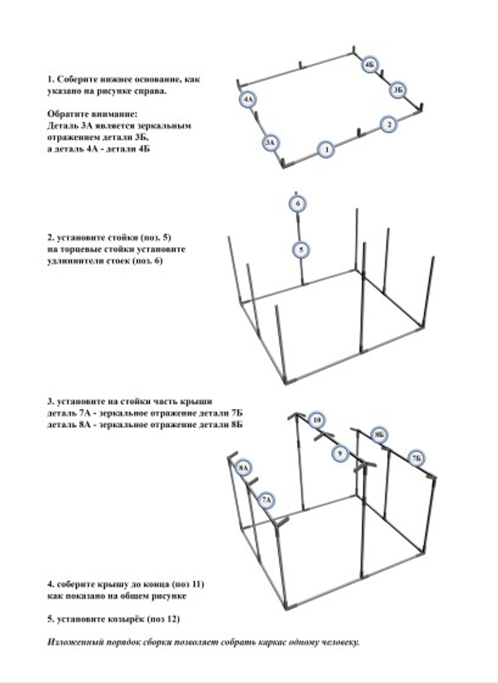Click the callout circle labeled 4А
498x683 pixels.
pos(248,100)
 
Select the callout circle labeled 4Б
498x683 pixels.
pos(370,65)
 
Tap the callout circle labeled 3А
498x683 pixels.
pos(270,143)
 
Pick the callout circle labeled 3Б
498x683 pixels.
pos(397,90)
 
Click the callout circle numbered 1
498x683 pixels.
pos(326,149)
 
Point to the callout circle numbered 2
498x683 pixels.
pos(389,124)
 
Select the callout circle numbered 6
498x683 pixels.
pos(298,204)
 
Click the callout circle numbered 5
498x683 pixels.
pos(301,249)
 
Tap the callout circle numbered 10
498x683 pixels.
pos(317,420)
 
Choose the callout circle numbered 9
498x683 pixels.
pos(340,453)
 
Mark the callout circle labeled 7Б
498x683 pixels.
pos(416,458)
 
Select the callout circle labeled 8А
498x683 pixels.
pos(243,468)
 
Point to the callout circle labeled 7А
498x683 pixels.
pos(266,500)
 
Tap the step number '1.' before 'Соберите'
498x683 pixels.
pos(51,80)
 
